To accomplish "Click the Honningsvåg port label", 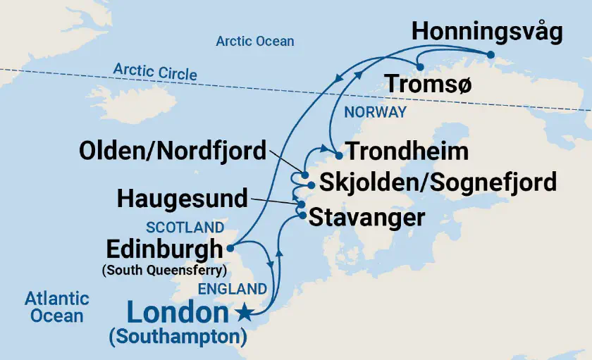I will click(x=486, y=32).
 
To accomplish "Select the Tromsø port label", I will click(x=428, y=85).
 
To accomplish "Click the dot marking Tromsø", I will click(x=420, y=67).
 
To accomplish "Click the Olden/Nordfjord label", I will click(x=173, y=150).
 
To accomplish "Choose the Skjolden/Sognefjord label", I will click(x=438, y=182).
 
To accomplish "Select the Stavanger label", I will click(x=367, y=216).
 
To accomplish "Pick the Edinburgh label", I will click(x=164, y=249).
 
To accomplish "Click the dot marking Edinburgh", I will click(x=230, y=247).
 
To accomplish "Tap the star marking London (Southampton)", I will click(x=245, y=311).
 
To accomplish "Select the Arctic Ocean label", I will click(x=254, y=41).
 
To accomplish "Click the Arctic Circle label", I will click(x=155, y=72).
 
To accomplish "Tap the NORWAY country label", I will click(x=375, y=112).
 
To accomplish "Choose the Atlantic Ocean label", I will click(x=57, y=306).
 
